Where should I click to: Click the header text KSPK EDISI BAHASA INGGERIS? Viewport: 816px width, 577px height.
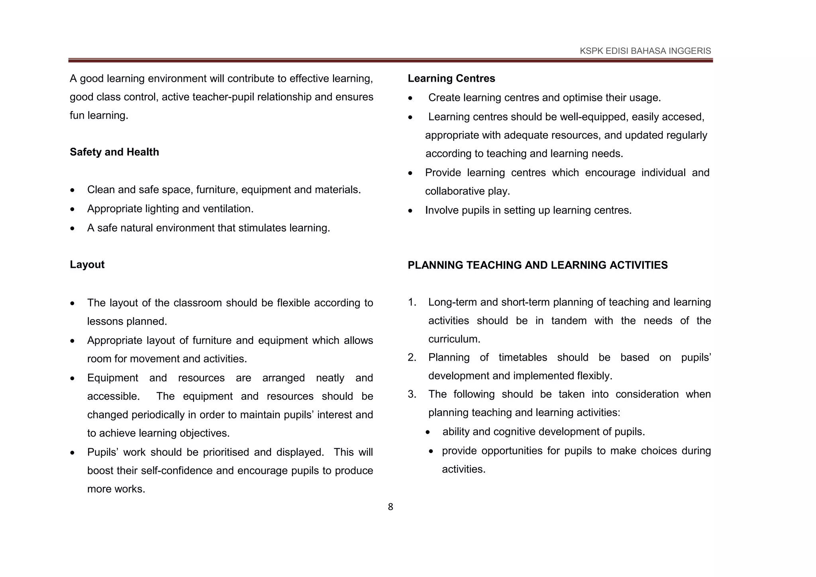[645, 51]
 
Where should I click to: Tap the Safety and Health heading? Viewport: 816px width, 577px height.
[114, 152]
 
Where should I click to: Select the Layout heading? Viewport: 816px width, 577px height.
[87, 265]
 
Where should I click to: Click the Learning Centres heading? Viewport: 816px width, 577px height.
[451, 79]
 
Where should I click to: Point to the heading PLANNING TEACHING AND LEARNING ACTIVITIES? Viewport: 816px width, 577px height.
[537, 265]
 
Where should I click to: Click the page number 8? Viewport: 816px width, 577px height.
[390, 507]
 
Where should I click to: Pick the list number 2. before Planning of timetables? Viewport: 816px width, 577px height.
[412, 357]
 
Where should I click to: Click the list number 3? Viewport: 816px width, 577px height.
[412, 394]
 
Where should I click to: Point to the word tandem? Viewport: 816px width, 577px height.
[569, 321]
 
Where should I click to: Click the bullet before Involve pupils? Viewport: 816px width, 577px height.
[410, 211]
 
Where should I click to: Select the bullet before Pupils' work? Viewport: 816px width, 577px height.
[72, 453]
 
